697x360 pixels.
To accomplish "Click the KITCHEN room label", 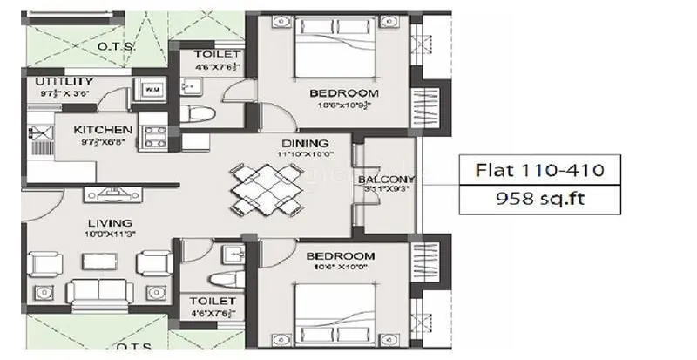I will click(104, 129).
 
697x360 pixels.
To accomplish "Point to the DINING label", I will click(304, 143).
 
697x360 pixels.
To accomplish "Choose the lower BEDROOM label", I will click(340, 256).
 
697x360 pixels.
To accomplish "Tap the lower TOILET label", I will click(214, 300).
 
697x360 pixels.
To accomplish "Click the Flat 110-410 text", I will click(536, 166).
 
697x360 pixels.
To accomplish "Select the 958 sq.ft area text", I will click(536, 198).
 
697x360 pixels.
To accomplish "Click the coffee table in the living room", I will click(102, 262).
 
